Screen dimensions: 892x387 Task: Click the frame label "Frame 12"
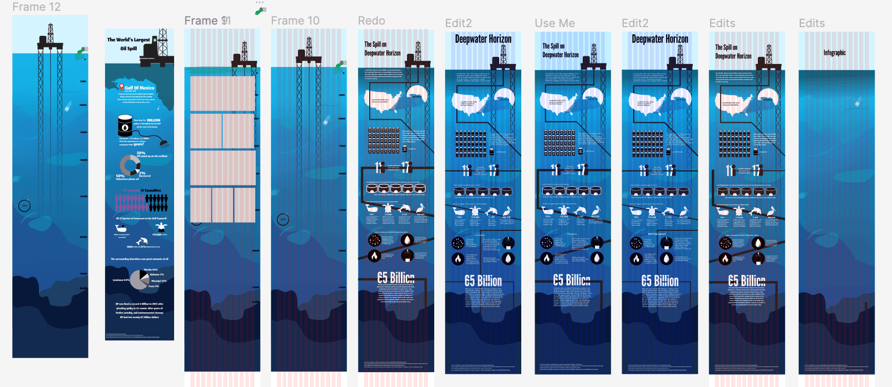pyautogui.click(x=36, y=7)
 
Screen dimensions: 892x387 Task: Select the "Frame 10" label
pyautogui.click(x=295, y=21)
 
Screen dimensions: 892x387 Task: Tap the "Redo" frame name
pyautogui.click(x=371, y=21)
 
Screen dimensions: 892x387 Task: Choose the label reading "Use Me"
pyautogui.click(x=555, y=24)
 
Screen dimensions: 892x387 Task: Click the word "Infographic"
pyautogui.click(x=834, y=53)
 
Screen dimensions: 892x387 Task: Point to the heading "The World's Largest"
pyautogui.click(x=129, y=40)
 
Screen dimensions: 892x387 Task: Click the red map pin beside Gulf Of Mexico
pyautogui.click(x=121, y=88)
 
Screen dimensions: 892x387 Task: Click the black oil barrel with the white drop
pyautogui.click(x=125, y=125)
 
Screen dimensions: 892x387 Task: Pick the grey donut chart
pyautogui.click(x=130, y=165)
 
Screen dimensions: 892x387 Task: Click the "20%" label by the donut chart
pyautogui.click(x=141, y=153)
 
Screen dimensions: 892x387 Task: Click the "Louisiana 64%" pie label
pyautogui.click(x=121, y=280)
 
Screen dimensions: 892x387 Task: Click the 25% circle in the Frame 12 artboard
pyautogui.click(x=24, y=206)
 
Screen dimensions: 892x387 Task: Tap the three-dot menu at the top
pyautogui.click(x=260, y=3)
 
